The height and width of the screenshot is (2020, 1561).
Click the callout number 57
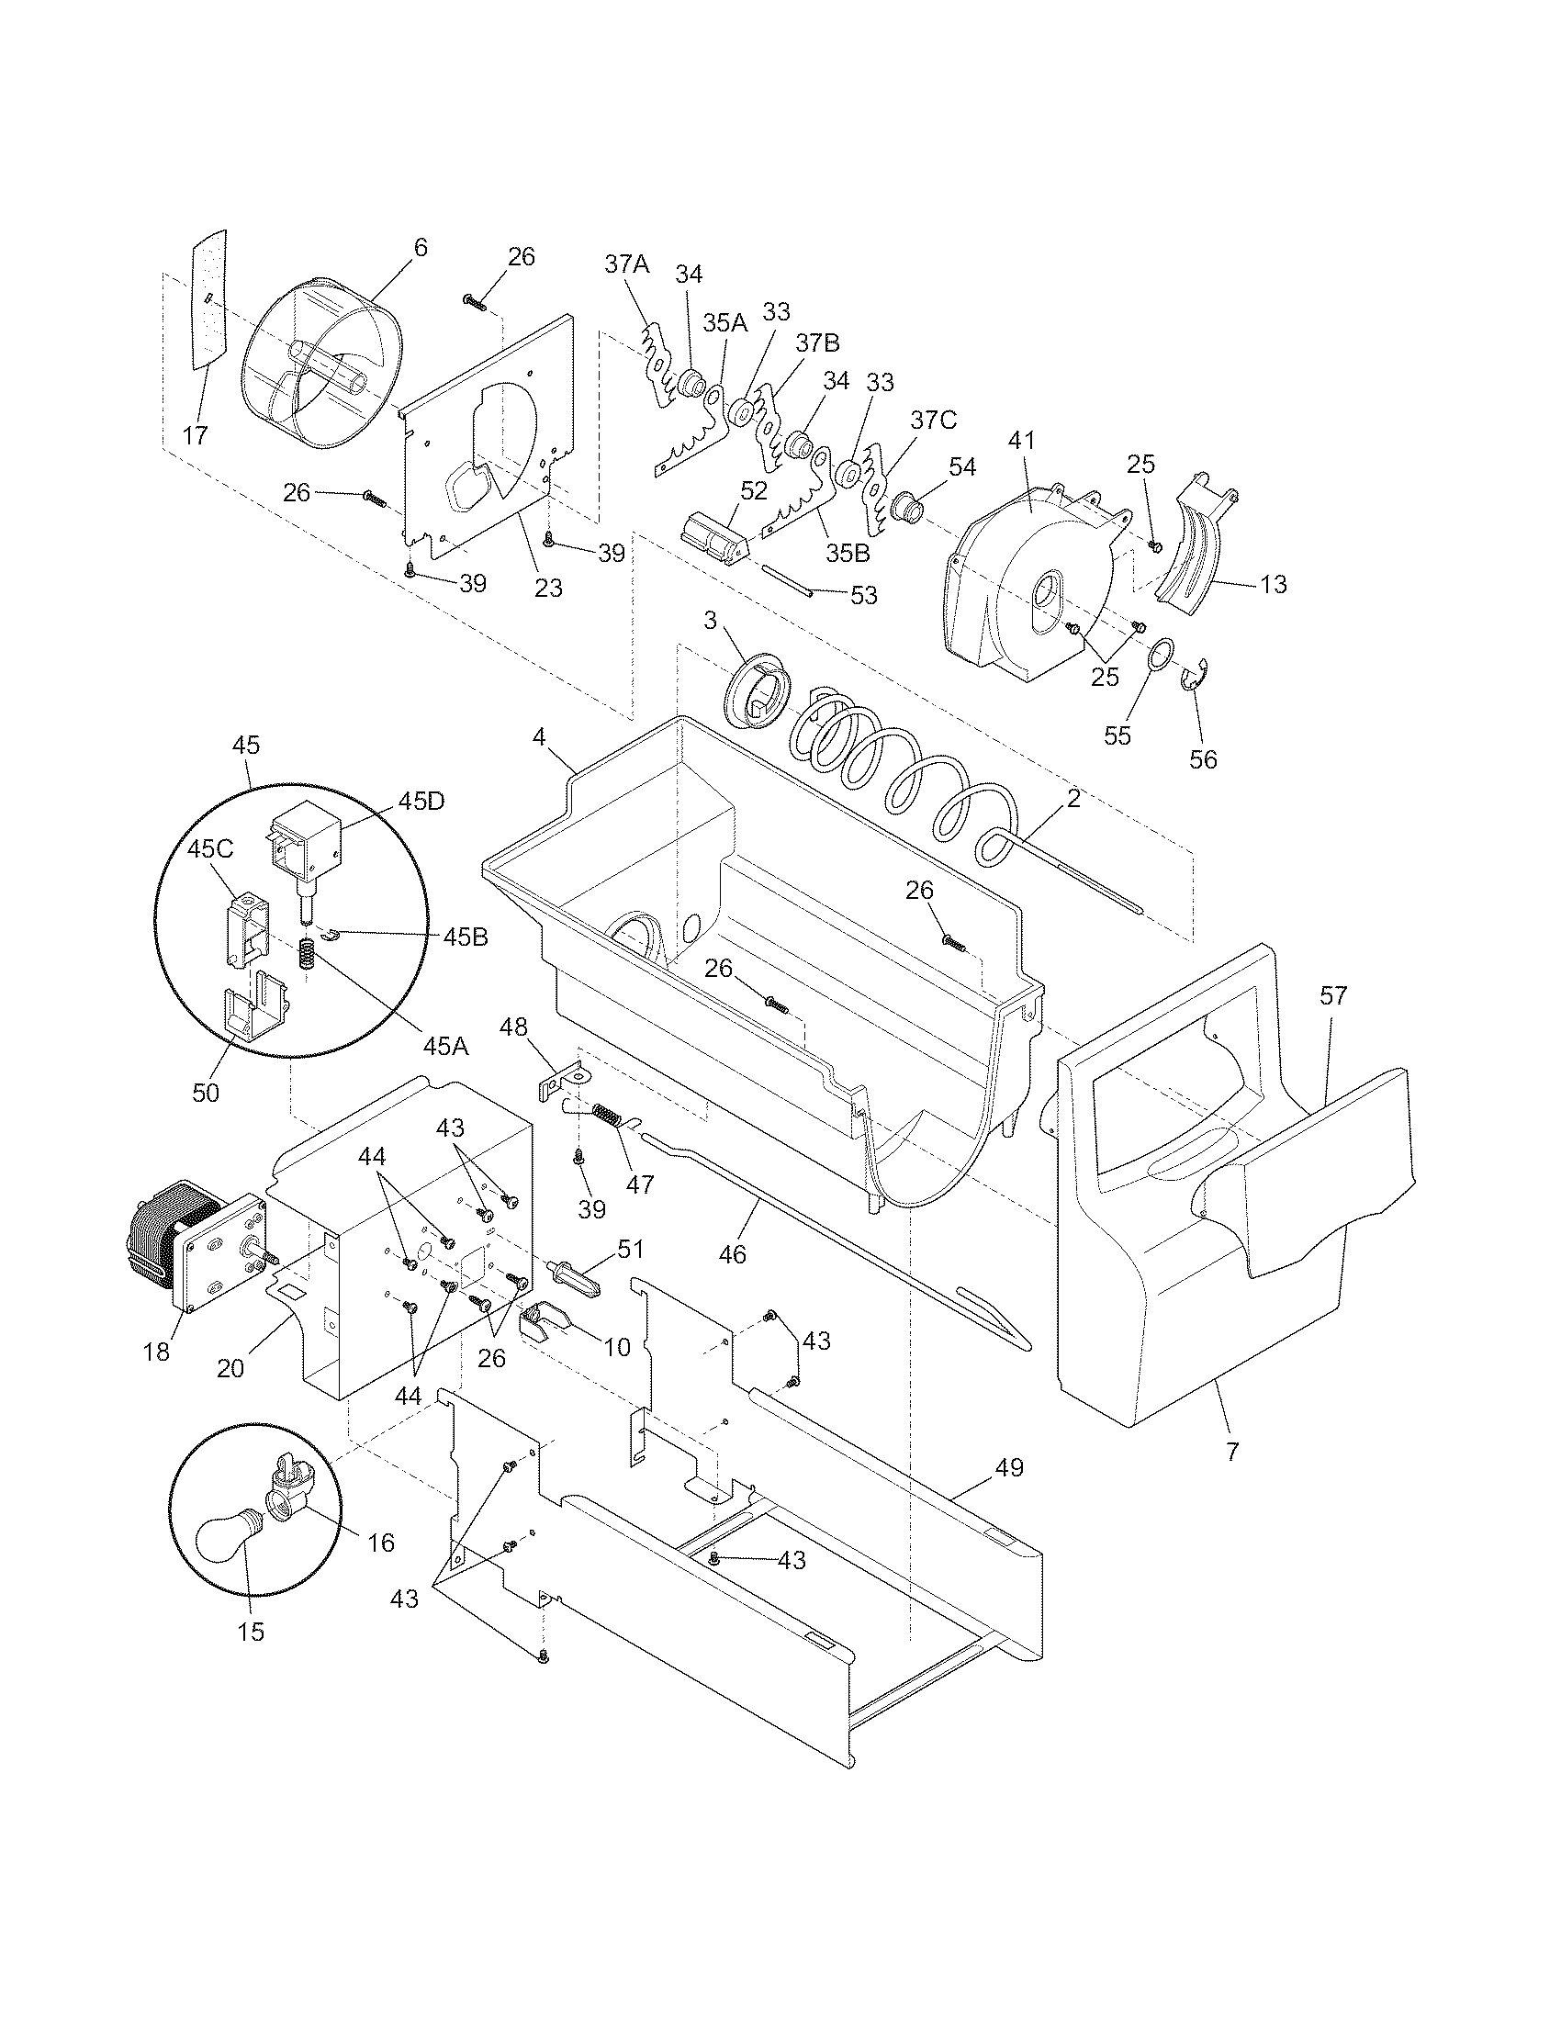(x=1333, y=995)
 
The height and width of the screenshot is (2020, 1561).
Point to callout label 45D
(x=421, y=801)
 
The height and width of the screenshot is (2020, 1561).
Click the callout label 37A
(x=627, y=264)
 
